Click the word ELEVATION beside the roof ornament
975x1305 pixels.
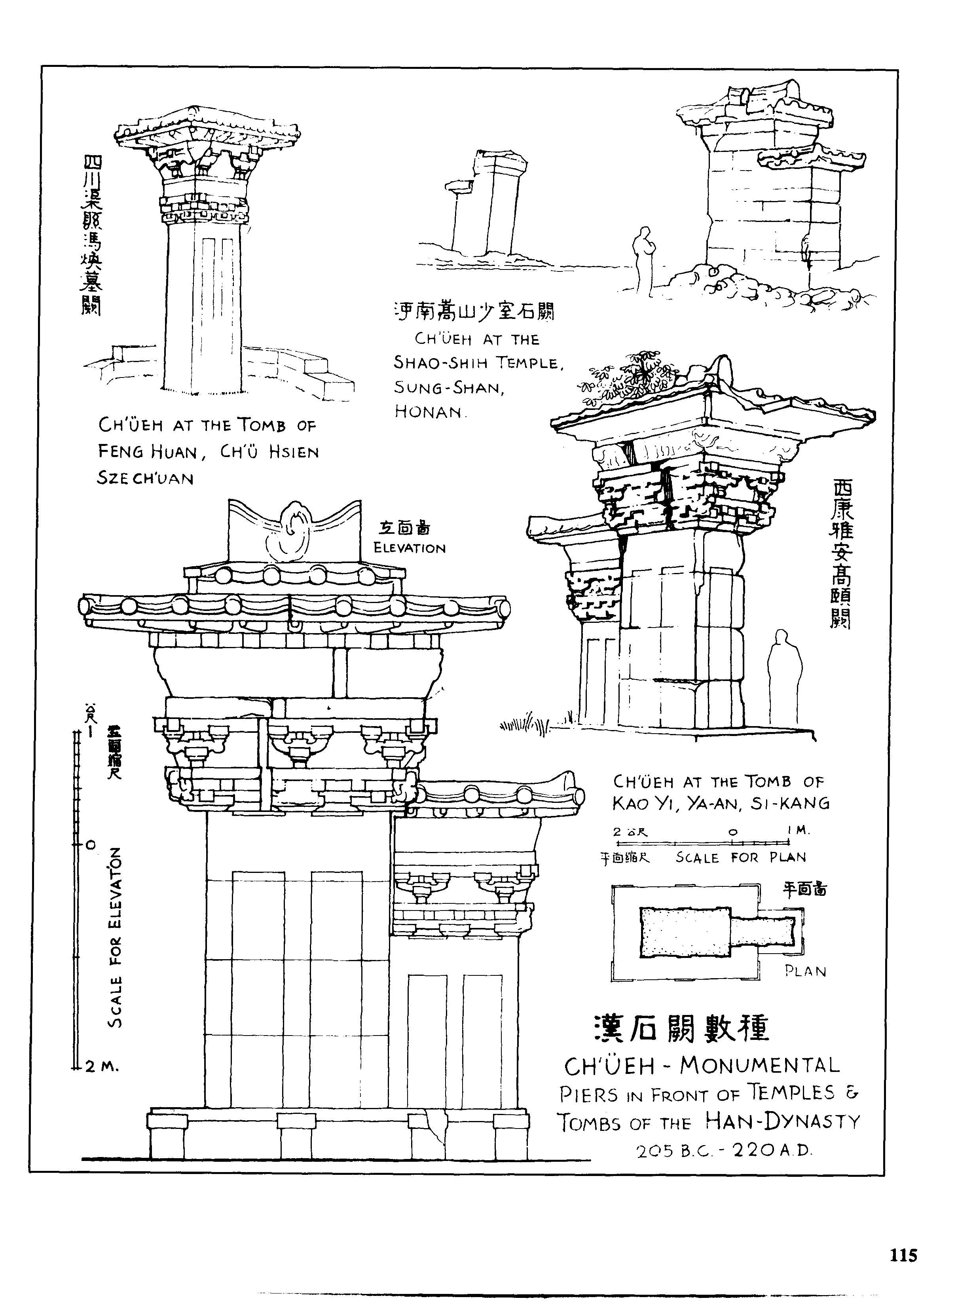pyautogui.click(x=409, y=548)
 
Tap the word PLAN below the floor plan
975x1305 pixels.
pyautogui.click(x=805, y=972)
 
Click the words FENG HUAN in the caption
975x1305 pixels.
pyautogui.click(x=147, y=452)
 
